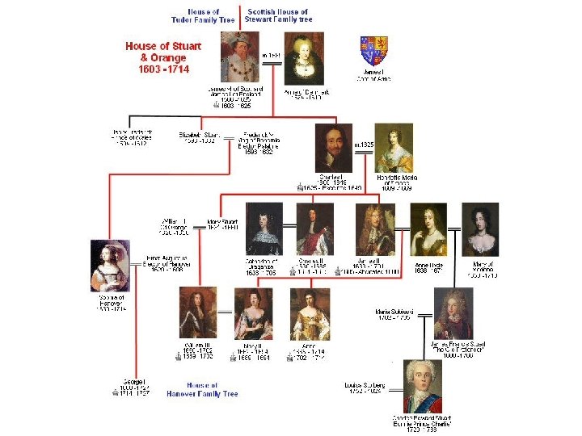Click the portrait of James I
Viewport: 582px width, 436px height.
pos(240,57)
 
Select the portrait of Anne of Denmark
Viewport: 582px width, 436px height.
pos(304,58)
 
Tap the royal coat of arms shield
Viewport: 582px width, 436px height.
pos(373,51)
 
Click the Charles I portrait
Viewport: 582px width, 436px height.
pos(334,148)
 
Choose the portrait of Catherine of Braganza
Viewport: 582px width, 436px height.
pos(264,229)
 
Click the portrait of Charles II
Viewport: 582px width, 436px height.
pos(314,229)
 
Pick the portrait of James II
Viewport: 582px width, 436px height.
pos(375,229)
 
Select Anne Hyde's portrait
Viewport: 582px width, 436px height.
pos(428,229)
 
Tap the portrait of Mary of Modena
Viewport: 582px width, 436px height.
pos(480,229)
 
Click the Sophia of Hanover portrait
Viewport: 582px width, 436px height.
pos(110,266)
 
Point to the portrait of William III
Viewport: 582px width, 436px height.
pos(197,312)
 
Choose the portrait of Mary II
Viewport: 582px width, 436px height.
pos(254,312)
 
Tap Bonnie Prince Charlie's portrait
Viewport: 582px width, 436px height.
pos(424,388)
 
